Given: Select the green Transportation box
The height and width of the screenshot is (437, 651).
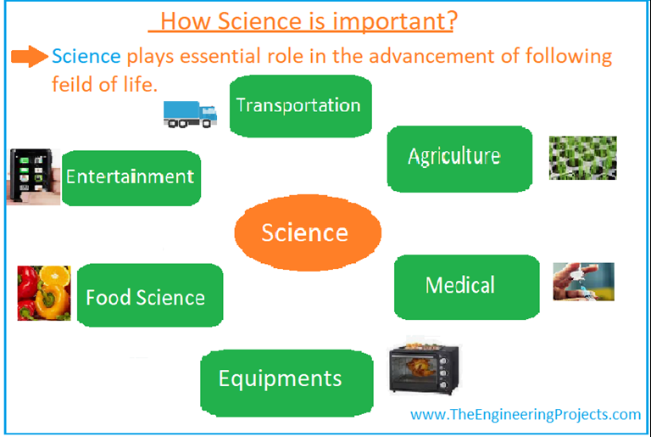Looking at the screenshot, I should coord(300,106).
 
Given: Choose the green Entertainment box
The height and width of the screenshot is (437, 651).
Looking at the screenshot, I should coord(131,177).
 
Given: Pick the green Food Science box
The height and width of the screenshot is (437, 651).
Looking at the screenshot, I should coord(149,295).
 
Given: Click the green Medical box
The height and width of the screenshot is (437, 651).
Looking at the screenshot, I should coord(466,286).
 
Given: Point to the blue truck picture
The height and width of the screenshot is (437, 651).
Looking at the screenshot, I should coord(191,113).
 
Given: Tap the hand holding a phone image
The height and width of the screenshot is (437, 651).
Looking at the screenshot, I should coord(33,176).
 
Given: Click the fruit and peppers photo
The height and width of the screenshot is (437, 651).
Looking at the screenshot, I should coord(44,293).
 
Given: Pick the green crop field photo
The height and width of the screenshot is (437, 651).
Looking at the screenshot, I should coord(582,157).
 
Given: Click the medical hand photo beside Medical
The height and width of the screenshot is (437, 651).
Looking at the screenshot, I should coord(583,282).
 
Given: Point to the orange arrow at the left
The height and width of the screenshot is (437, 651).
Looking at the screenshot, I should coord(30,57).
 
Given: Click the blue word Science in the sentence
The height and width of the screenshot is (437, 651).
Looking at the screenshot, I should coord(86,57).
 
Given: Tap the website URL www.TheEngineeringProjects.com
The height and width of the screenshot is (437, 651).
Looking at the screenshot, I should coord(526,415).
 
